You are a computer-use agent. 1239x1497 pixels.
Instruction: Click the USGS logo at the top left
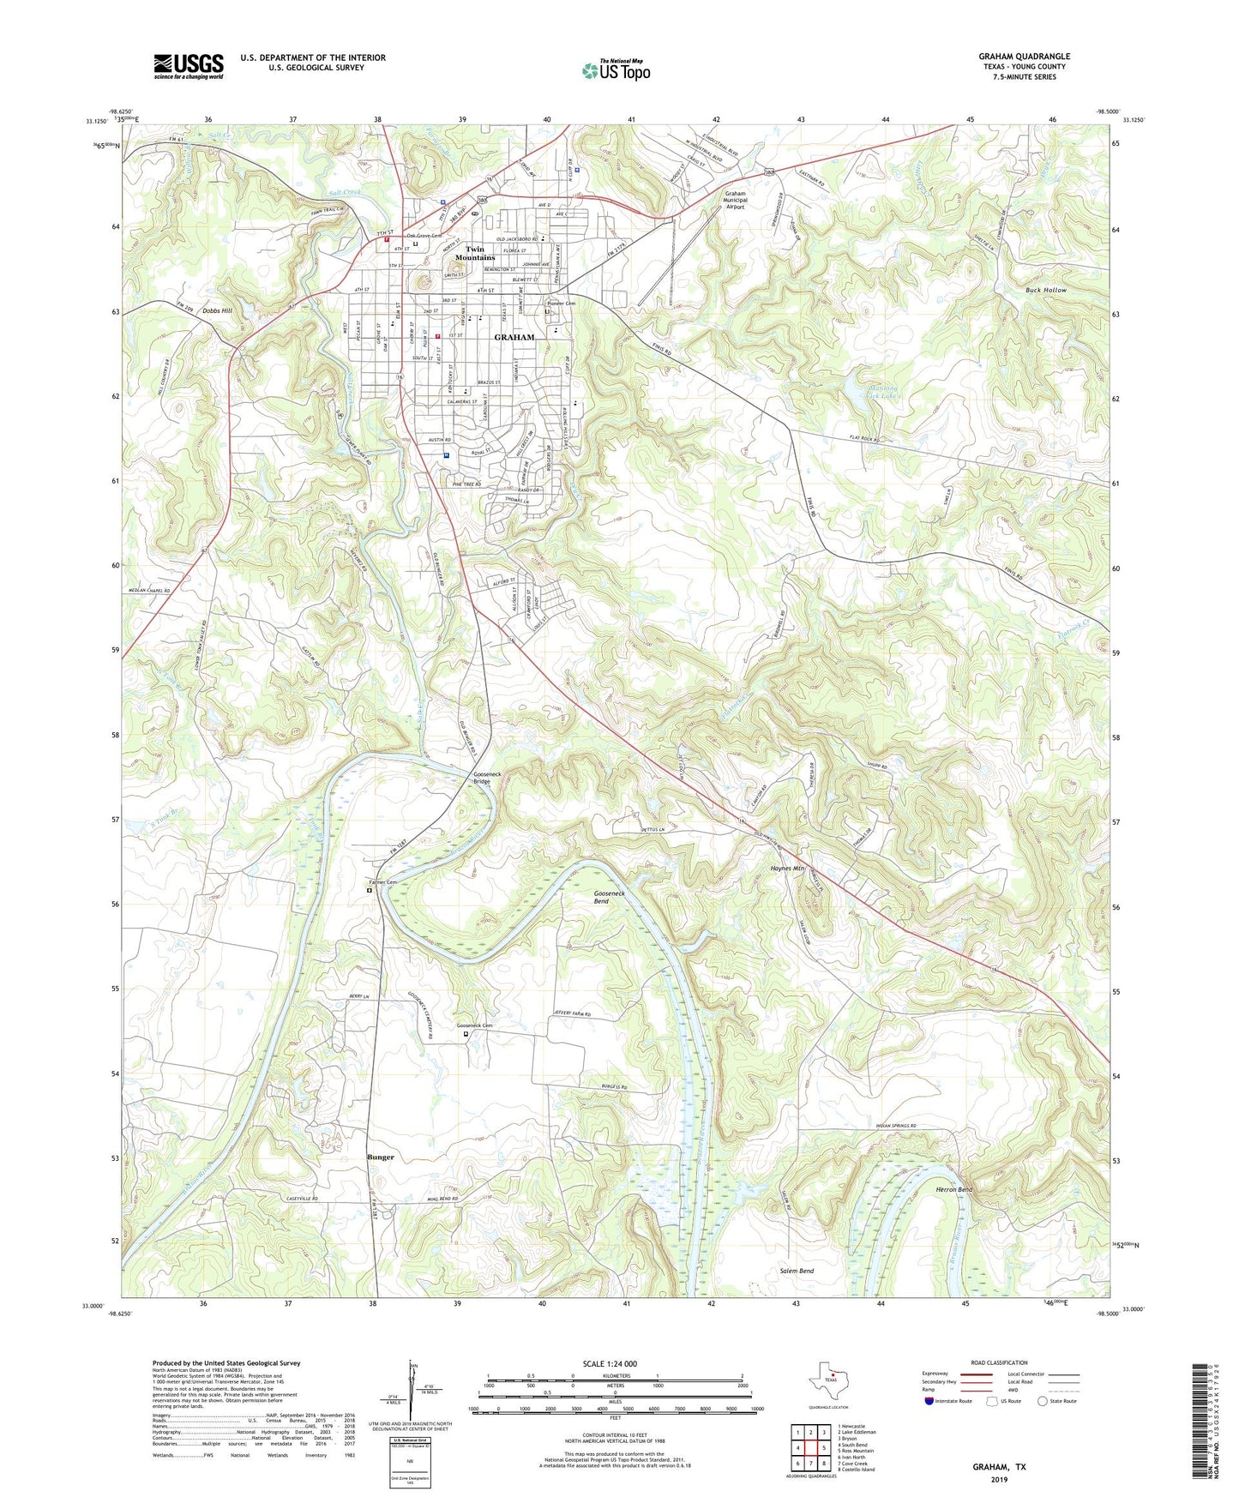pyautogui.click(x=189, y=66)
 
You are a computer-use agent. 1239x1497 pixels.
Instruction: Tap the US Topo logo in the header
pyautogui.click(x=616, y=70)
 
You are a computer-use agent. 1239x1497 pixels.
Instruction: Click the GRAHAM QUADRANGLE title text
pyautogui.click(x=1024, y=57)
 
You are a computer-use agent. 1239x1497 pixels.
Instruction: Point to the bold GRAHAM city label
pyautogui.click(x=514, y=337)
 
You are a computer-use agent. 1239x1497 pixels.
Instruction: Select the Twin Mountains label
pyautogui.click(x=475, y=253)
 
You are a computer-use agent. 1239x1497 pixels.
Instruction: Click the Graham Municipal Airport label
pyautogui.click(x=735, y=200)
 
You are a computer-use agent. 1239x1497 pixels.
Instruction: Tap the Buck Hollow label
pyautogui.click(x=1046, y=290)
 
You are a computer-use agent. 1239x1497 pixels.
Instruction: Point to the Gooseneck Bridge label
pyautogui.click(x=482, y=778)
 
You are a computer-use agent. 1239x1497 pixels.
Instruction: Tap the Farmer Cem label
pyautogui.click(x=383, y=882)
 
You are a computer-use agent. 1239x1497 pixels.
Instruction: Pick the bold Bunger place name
pyautogui.click(x=381, y=1157)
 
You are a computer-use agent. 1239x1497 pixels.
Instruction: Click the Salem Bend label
pyautogui.click(x=797, y=1271)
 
